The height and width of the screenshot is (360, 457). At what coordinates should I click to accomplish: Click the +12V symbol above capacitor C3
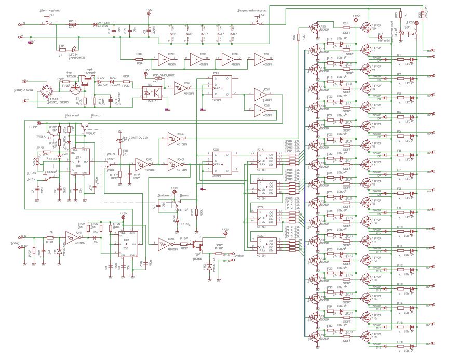(x=149, y=12)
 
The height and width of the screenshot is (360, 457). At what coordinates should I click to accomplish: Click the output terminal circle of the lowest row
(x=434, y=344)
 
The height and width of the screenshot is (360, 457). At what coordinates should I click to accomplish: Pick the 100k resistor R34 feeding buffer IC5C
(x=139, y=59)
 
